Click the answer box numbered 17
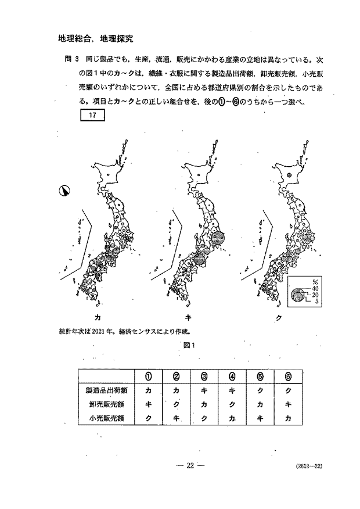pos(92,115)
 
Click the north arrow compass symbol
pos(64,190)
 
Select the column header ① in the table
pos(148,375)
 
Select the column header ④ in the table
pos(232,375)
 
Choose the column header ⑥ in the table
pos(287,375)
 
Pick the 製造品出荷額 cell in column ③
pos(204,389)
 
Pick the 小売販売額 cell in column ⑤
pos(259,418)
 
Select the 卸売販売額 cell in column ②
pos(176,403)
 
